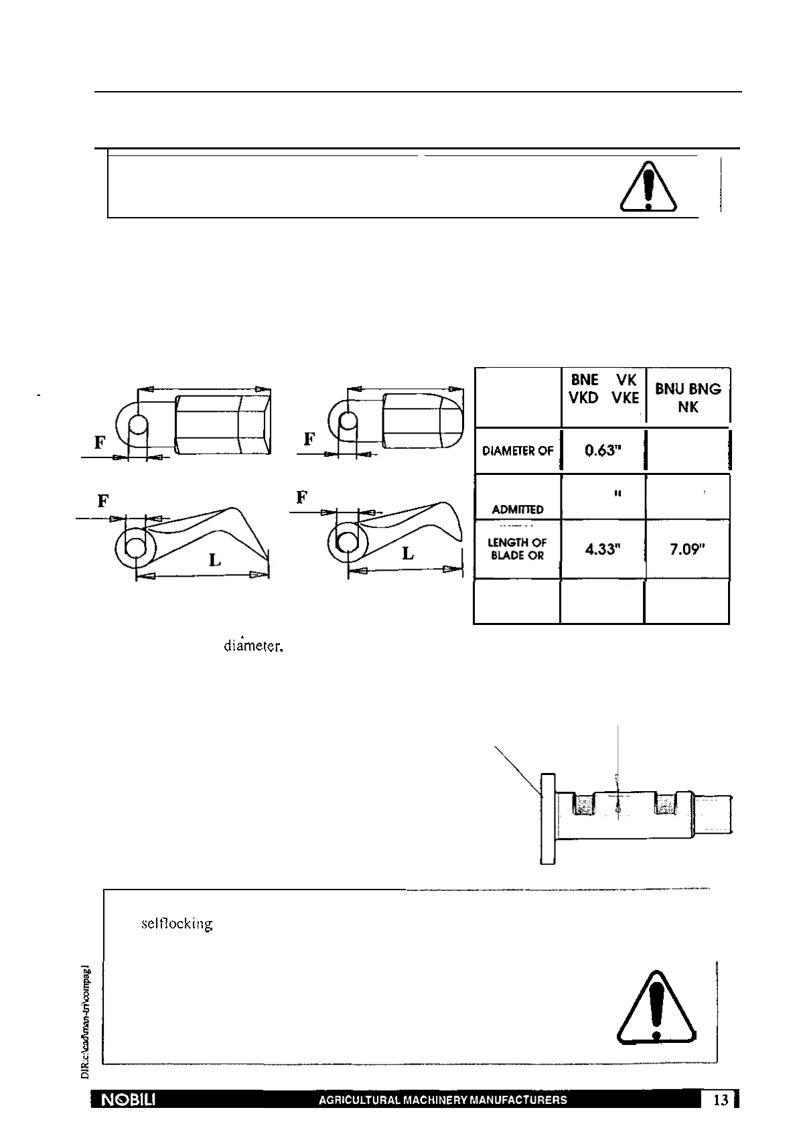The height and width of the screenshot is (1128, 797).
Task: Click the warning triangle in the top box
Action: click(648, 188)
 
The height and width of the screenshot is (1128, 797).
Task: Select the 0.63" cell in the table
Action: click(603, 451)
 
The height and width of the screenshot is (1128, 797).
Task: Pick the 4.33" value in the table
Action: click(603, 549)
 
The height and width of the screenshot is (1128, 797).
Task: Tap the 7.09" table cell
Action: click(687, 549)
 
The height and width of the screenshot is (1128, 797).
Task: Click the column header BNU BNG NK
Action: click(688, 397)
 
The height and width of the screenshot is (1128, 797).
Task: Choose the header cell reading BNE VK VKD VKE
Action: click(603, 389)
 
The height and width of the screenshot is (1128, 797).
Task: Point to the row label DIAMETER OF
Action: click(518, 451)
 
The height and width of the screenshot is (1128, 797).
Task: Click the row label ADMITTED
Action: click(517, 510)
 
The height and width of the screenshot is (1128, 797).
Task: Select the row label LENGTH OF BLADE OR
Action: click(517, 549)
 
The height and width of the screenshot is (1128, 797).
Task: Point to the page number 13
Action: click(721, 1100)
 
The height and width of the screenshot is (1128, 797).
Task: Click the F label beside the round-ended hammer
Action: click(309, 439)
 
